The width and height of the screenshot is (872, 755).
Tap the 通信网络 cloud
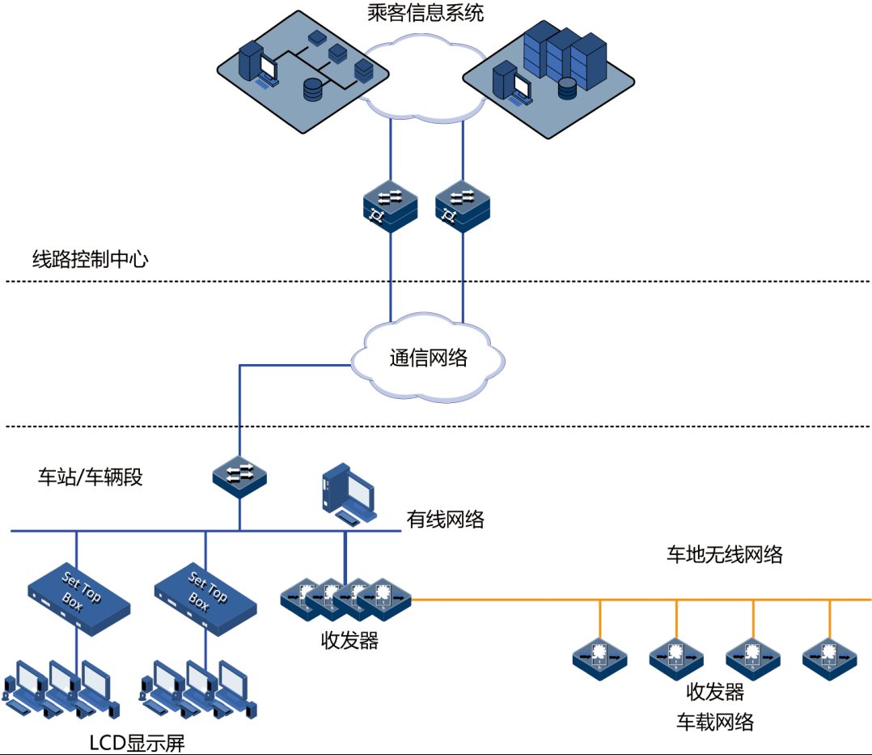coord(429,358)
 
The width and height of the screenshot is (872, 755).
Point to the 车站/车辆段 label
coord(90,477)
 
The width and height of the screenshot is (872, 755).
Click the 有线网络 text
coord(445,520)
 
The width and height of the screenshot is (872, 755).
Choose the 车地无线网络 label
coord(724,554)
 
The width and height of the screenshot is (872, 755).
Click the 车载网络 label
coord(715,721)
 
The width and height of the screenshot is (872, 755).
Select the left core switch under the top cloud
coord(390,206)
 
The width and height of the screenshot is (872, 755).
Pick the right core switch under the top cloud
coord(463,206)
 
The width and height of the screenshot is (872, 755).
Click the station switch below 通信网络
coord(239,477)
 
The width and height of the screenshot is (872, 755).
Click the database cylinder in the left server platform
coord(312,88)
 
